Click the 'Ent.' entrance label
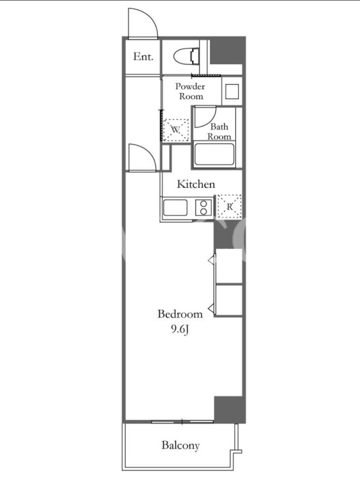(x=143, y=56)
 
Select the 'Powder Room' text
(x=190, y=91)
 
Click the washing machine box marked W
(x=175, y=130)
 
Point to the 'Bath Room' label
(x=219, y=131)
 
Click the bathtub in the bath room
(x=214, y=154)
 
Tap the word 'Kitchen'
(x=196, y=184)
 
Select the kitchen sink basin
(x=175, y=208)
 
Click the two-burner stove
(x=203, y=207)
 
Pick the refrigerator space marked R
(x=229, y=206)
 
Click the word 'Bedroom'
(x=180, y=314)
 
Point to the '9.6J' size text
(x=179, y=329)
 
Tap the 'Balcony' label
(x=181, y=445)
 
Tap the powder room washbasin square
(x=232, y=91)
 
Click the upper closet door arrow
(x=212, y=260)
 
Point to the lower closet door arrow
(x=212, y=308)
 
